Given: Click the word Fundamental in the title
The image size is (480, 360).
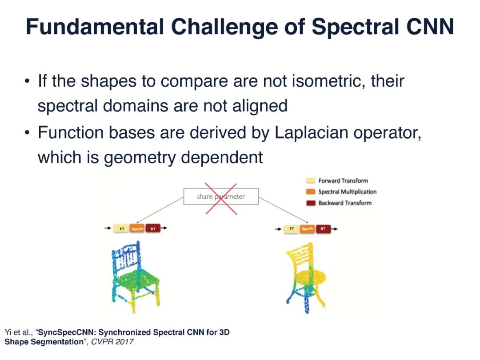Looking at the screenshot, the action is pos(95,27).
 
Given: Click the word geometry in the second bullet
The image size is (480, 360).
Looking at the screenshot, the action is pos(140,158).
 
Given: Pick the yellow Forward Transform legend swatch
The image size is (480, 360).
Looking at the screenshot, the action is pos(310,180).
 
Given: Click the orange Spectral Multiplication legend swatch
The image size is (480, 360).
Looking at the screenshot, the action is pos(310,192).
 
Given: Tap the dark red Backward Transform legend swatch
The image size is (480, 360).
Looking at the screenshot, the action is pos(310,203).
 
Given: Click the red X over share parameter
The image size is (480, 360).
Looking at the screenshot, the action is pos(221,199).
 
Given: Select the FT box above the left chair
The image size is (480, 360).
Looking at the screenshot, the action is pos(121,229).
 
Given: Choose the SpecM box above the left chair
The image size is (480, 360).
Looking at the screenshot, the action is pos(137,229).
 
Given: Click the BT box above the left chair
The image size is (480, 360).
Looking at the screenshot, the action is pos(153,229).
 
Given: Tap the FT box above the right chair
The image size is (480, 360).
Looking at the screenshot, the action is pos(292,229).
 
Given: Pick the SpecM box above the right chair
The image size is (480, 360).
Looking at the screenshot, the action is pos(308,229).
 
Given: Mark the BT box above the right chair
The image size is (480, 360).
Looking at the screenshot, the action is pos(323,229).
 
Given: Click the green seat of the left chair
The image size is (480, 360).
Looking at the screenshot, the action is pos(136,279).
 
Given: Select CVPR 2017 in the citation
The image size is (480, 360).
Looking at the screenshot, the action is pos(112,342).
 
